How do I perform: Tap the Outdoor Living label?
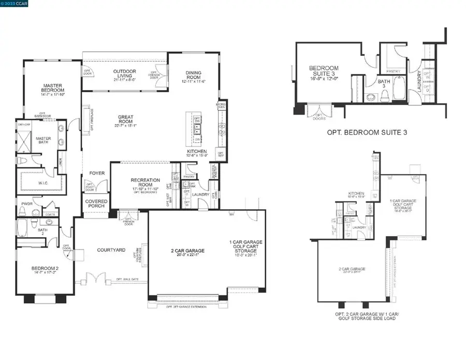117,76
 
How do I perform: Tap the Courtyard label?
111,250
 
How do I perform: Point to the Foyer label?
97,174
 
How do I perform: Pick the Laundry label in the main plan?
200,195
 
